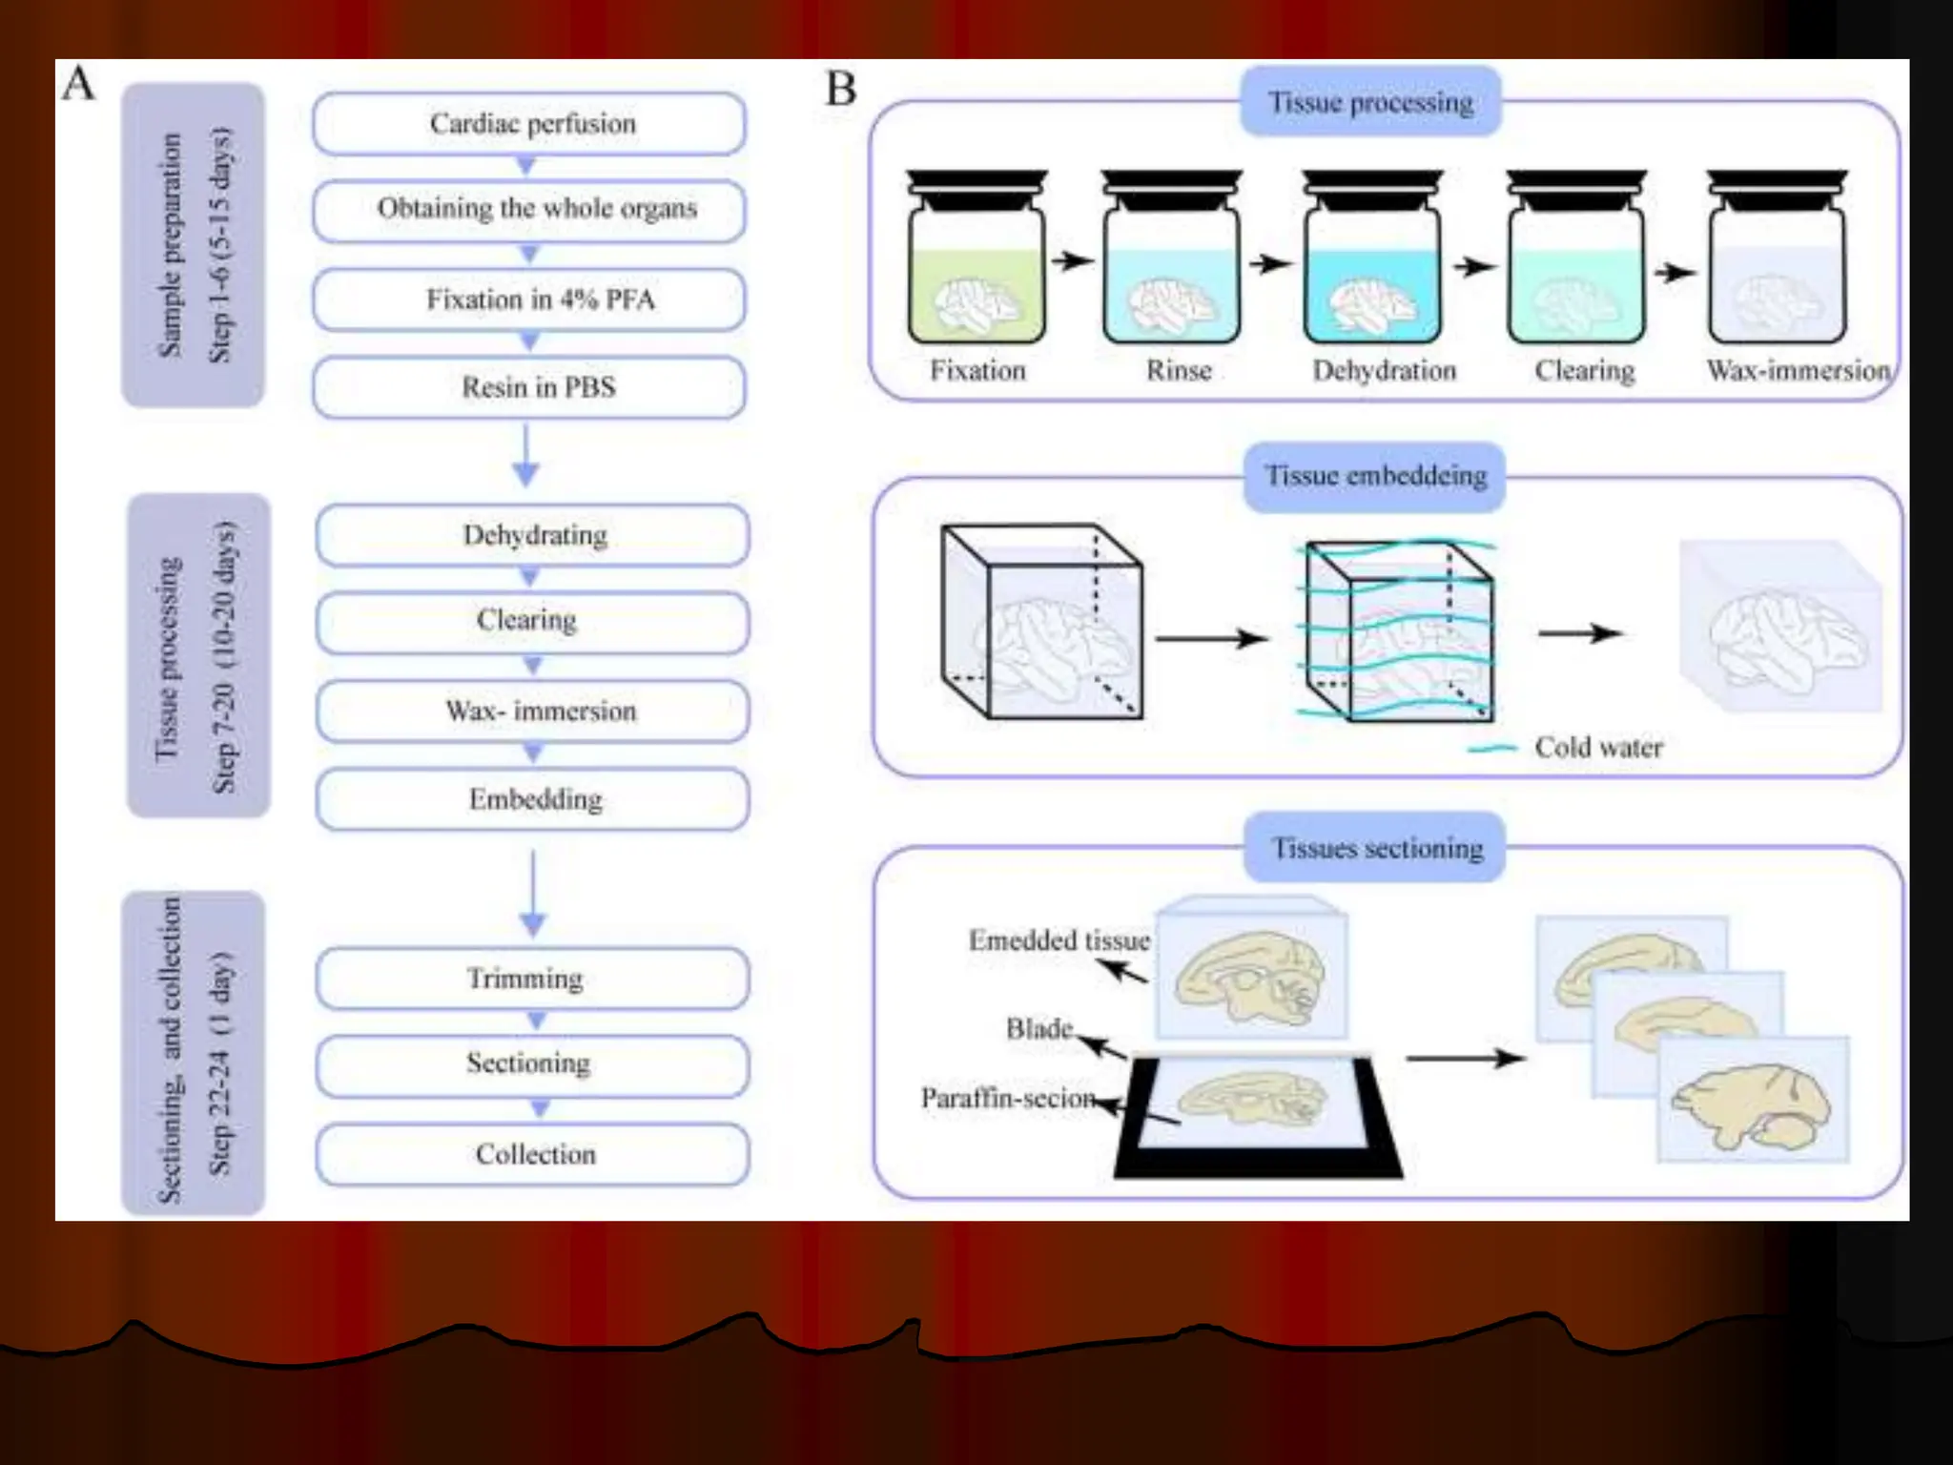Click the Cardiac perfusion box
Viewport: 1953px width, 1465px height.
pos(529,124)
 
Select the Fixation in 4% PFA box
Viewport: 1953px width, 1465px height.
pos(529,299)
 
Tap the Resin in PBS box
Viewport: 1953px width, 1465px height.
pos(529,387)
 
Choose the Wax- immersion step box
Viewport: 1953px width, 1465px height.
pos(532,712)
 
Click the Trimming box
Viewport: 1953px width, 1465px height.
pos(532,979)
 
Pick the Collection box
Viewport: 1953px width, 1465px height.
pos(532,1154)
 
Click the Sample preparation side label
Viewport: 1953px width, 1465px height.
pos(193,245)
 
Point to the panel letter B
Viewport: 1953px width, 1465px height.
pos(840,90)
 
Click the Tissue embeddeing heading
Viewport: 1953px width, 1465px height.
pos(1374,476)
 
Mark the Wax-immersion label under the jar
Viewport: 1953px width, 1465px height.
pos(1798,370)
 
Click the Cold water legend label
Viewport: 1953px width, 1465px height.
pos(1597,747)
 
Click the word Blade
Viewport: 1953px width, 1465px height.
pos(1038,1028)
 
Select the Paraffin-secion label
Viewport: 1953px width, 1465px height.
pos(1006,1098)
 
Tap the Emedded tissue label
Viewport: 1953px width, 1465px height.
pos(1059,940)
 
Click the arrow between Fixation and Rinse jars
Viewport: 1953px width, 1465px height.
pos(1072,260)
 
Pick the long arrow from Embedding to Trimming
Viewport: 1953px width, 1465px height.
pos(532,893)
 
